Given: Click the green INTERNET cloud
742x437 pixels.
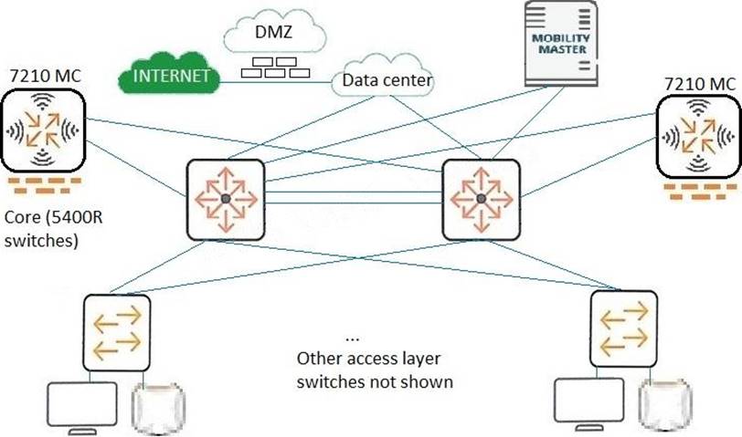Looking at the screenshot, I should click(x=171, y=76).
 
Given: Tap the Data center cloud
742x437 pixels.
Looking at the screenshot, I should click(x=387, y=80).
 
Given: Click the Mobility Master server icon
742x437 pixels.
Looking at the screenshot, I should click(x=561, y=43).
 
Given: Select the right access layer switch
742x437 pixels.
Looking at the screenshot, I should click(x=624, y=328).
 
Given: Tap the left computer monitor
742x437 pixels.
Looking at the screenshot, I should click(x=82, y=407).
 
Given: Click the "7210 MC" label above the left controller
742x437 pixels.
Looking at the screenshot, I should click(x=46, y=76).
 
